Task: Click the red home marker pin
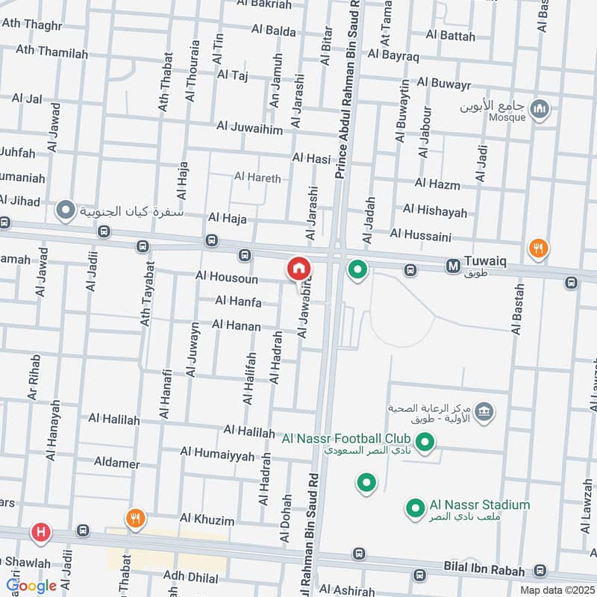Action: (x=298, y=269)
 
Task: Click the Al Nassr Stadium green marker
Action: (x=415, y=510)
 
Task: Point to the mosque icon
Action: (x=539, y=110)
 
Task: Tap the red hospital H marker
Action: (x=40, y=533)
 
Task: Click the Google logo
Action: (x=31, y=586)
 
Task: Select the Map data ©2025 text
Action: (x=557, y=590)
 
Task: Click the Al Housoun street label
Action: (x=226, y=278)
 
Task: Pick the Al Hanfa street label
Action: (x=238, y=301)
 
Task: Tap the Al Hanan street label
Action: (x=236, y=325)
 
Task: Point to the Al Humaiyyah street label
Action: (x=217, y=452)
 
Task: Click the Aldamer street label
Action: (x=116, y=463)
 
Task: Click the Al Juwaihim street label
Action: (x=250, y=129)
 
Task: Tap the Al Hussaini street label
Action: (x=420, y=236)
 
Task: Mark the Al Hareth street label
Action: (x=257, y=178)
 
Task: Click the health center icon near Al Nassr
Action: (x=484, y=410)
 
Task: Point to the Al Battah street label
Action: (x=450, y=35)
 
